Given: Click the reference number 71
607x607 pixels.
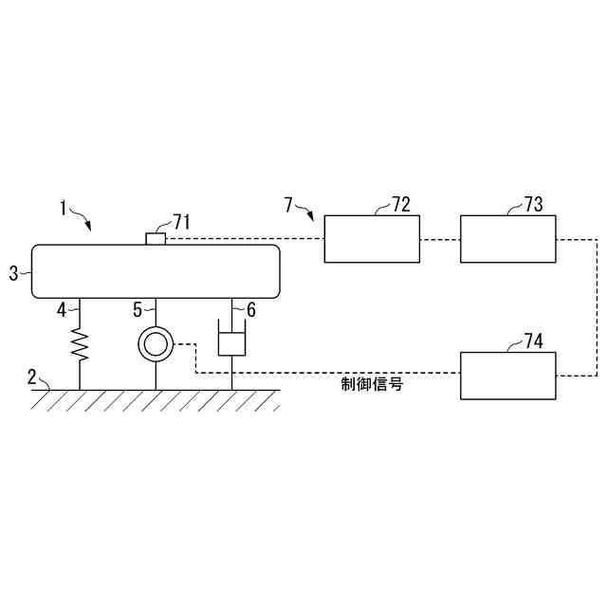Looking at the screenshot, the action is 181,221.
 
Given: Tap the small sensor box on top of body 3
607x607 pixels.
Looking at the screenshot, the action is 156,238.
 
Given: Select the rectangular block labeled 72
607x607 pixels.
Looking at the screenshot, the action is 373,238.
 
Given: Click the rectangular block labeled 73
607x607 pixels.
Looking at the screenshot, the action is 508,238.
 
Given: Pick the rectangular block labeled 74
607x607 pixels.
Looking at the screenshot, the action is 508,375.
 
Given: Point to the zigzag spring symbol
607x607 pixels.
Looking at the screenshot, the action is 79,345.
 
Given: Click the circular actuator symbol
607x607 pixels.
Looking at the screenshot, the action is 155,343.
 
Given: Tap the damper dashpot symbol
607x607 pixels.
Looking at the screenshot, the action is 232,340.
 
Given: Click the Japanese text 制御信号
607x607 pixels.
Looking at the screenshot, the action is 373,385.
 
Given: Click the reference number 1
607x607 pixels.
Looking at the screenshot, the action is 64,207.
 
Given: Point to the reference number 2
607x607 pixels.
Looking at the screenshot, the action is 32,377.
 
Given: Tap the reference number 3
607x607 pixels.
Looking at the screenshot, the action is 13,273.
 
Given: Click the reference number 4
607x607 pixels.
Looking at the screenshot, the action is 62,309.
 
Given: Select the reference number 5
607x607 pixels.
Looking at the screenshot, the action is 138,309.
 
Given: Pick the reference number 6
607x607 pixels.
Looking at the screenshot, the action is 251,309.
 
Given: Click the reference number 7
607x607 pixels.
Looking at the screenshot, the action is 289,203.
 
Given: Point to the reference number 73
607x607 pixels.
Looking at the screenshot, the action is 533,205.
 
